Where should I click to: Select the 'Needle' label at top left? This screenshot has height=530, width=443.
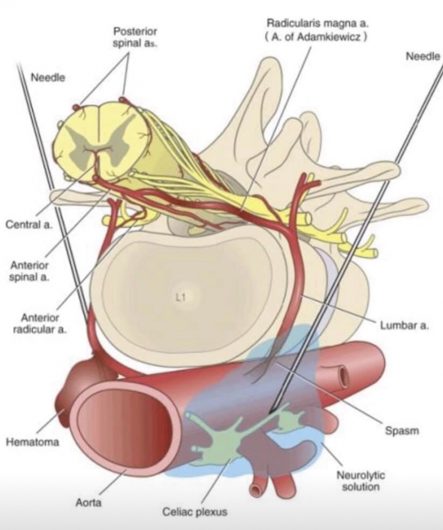click(48, 78)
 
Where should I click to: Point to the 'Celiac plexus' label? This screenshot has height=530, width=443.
click(194, 512)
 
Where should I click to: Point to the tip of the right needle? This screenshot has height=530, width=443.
click(270, 413)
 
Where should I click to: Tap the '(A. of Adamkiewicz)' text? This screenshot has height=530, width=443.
click(316, 38)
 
